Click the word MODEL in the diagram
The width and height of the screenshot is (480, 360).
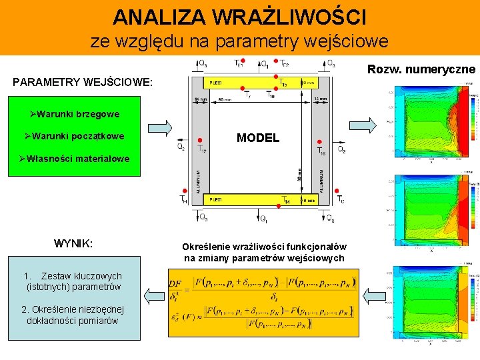(258, 138)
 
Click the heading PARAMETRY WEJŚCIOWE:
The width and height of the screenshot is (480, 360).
(83, 83)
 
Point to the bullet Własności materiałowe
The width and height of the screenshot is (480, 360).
(74, 159)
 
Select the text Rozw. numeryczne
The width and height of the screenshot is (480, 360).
(421, 69)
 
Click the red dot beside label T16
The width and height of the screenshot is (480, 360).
(320, 142)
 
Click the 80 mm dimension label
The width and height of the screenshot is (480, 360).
(225, 100)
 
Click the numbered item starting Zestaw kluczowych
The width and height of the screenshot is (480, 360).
(72, 281)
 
